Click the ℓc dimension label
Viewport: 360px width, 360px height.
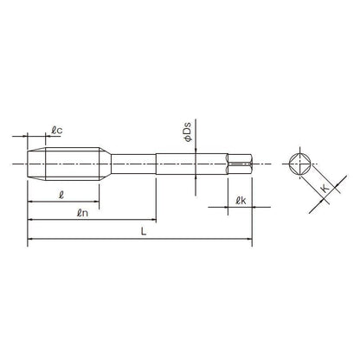tap(57, 131)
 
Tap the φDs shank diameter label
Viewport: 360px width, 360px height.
tap(187, 132)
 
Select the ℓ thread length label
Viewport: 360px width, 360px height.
tap(61, 196)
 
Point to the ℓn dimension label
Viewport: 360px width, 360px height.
tap(82, 213)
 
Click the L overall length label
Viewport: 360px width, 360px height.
tap(144, 231)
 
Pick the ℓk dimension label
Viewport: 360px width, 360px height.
tap(241, 201)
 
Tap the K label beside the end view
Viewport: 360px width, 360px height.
tap(325, 189)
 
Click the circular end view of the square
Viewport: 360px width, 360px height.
tap(300, 164)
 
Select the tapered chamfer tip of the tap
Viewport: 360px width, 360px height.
tap(36, 164)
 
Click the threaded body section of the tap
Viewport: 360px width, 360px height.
tap(73, 164)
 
